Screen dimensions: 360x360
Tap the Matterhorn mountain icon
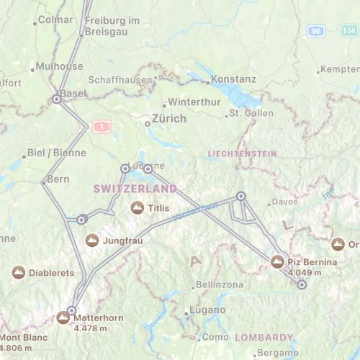(63, 318)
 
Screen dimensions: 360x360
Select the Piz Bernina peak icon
(278, 261)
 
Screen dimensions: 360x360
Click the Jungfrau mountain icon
(92, 240)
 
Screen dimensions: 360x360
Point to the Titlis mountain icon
(137, 207)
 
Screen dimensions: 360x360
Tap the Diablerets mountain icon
(19, 273)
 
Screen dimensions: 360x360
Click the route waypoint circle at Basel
(56, 99)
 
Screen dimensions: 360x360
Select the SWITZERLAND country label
(135, 189)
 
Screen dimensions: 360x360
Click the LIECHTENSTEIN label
(241, 154)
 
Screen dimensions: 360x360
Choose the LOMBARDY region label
(264, 337)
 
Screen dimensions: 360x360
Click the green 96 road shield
(315, 31)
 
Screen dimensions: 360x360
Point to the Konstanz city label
(234, 78)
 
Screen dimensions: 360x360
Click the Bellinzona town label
(219, 285)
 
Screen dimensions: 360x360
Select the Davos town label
(284, 202)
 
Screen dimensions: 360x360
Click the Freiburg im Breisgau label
(112, 26)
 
